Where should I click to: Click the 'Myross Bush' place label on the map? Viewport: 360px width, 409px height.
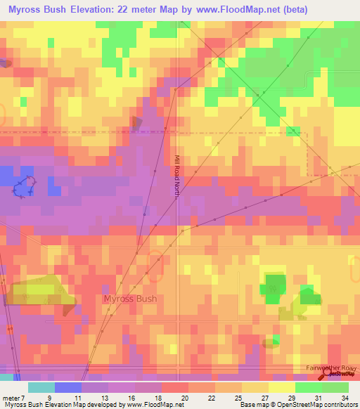pos(130,299)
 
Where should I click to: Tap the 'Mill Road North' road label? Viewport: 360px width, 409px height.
pos(177,177)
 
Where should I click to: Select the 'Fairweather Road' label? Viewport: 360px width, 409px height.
pos(332,368)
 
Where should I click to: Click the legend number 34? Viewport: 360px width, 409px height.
pos(345,398)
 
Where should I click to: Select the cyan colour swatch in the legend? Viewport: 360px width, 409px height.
pos(41,387)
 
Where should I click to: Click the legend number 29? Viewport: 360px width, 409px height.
pos(291,398)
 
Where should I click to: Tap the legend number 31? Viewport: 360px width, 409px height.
pos(318,398)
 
